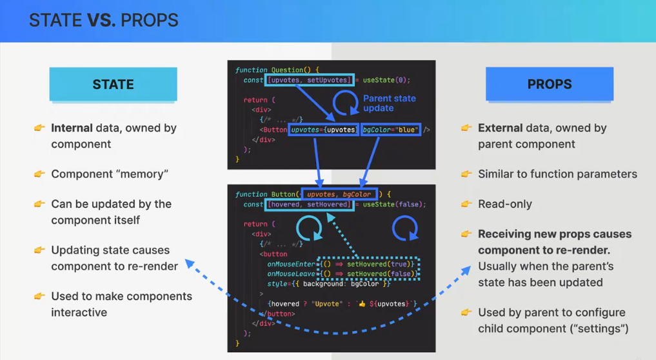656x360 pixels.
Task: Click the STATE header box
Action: [113, 85]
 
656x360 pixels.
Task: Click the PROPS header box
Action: [549, 85]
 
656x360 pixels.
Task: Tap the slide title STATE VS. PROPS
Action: [103, 21]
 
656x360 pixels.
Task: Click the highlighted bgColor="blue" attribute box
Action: [391, 130]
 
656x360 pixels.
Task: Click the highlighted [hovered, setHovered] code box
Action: [310, 205]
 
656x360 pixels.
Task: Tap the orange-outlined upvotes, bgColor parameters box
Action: [339, 194]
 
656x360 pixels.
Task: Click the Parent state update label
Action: [389, 103]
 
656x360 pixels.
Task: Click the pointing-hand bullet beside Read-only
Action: [466, 204]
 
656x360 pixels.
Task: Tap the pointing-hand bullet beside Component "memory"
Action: [39, 174]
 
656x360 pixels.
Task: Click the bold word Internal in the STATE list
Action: [72, 128]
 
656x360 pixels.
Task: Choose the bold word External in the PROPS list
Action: [500, 128]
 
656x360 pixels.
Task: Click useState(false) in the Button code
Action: [394, 205]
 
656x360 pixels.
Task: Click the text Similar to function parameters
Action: [557, 174]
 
